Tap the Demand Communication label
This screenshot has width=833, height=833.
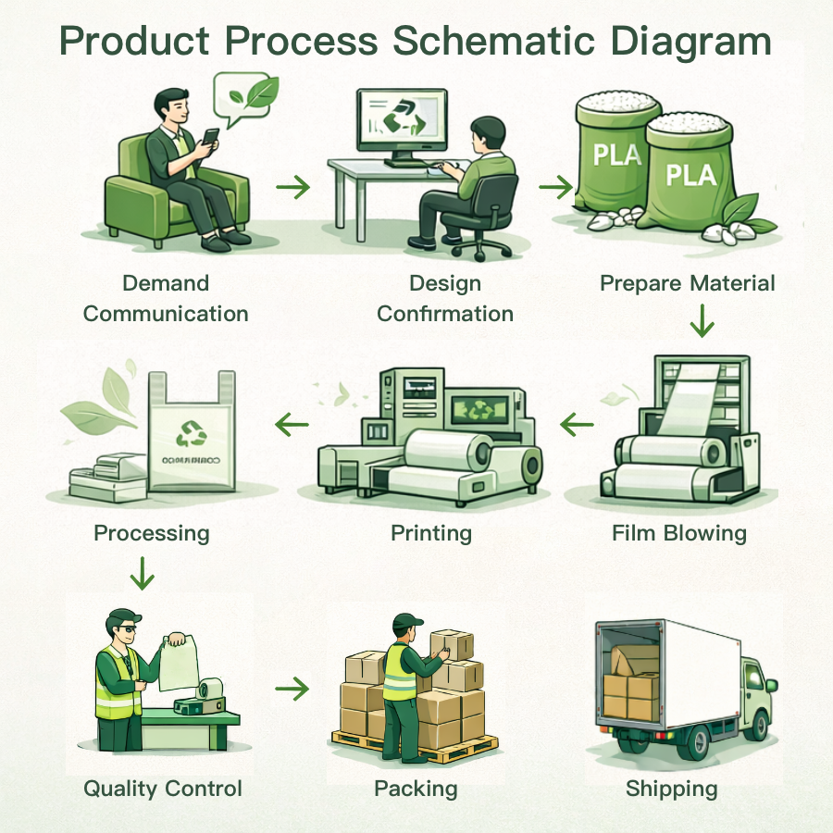tap(166, 298)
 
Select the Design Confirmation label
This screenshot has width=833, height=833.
tap(445, 298)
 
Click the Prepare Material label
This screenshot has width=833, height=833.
tap(687, 283)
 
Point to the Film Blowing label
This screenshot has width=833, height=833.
tap(678, 533)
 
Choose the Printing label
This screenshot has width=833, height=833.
tap(431, 533)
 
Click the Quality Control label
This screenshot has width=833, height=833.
tap(163, 789)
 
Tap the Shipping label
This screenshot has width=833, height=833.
tap(671, 789)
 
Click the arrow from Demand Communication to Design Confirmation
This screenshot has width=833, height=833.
tap(293, 187)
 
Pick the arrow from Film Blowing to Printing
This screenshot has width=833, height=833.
tap(577, 425)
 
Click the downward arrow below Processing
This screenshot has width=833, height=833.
tap(142, 573)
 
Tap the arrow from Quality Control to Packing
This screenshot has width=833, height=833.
tap(292, 689)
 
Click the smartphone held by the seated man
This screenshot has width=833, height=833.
tap(211, 137)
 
